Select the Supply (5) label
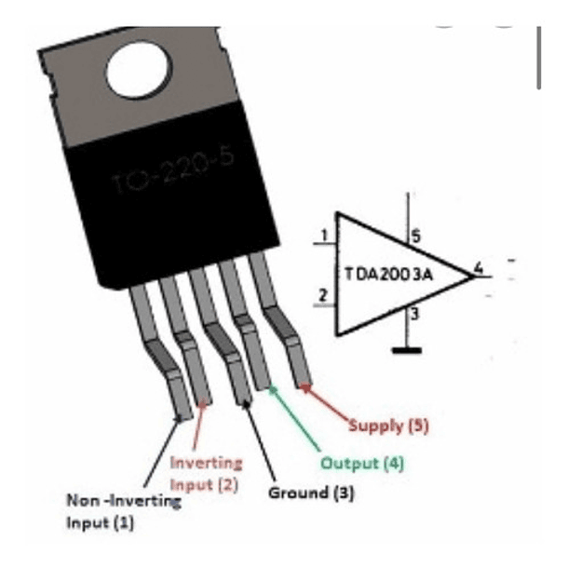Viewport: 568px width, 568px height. coord(389,426)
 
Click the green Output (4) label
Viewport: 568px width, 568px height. coord(362,463)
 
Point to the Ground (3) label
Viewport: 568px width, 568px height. coord(311,492)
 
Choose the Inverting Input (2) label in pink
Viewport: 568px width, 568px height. coord(206,472)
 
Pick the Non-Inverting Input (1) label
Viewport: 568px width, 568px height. coord(123,511)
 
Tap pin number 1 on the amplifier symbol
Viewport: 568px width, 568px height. coord(322,236)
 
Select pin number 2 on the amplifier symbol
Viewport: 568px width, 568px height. coord(322,297)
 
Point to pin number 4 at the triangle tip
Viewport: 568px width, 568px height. coord(478,269)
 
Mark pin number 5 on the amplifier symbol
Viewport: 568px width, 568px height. coord(415,237)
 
